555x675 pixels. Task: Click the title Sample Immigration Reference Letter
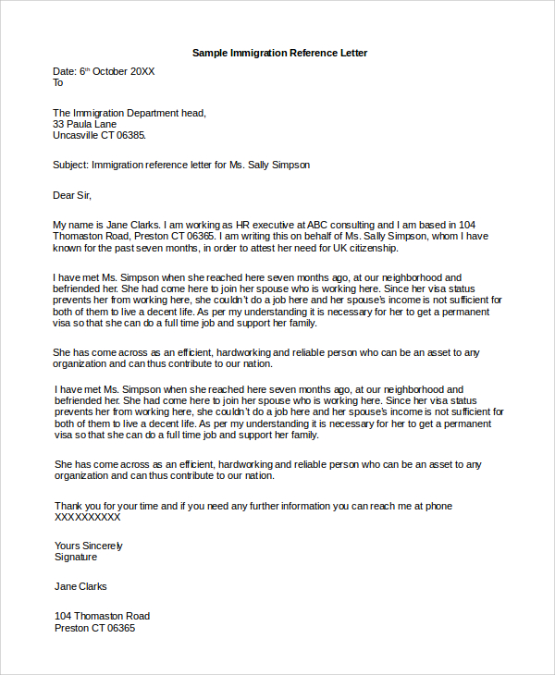(279, 53)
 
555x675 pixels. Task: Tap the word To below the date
(58, 82)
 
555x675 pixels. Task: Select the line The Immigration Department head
(129, 113)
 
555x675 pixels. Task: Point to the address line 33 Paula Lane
(85, 124)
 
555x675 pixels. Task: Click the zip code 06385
(129, 135)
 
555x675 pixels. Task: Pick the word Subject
(69, 165)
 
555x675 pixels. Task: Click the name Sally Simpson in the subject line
(279, 165)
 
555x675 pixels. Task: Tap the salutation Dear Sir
(73, 195)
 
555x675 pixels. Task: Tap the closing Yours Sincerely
(88, 546)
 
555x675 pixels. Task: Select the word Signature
(76, 557)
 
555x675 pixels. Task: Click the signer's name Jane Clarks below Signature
(80, 586)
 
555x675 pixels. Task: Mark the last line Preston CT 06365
(94, 628)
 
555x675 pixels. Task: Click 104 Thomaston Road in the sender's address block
(102, 616)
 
